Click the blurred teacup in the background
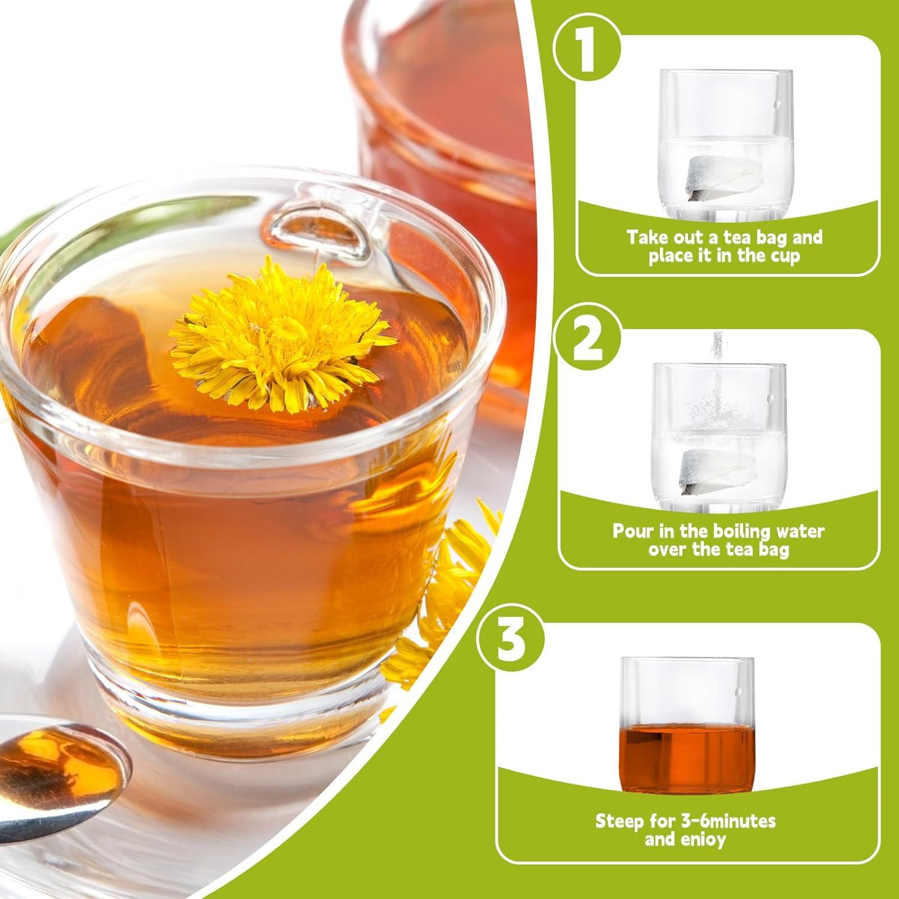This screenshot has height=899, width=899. [x=455, y=120]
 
